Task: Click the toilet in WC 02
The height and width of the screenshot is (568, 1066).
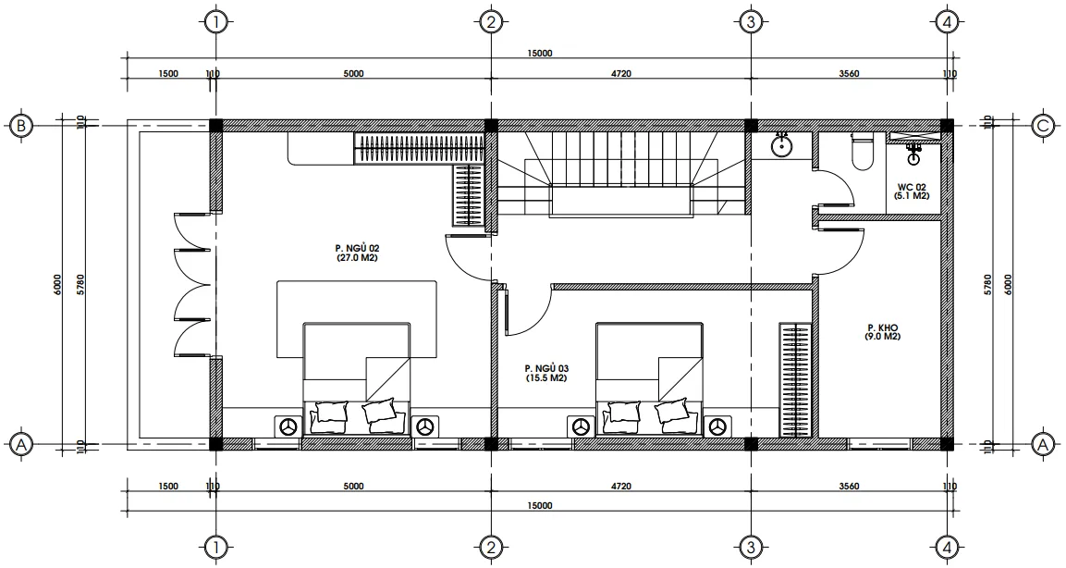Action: [861, 153]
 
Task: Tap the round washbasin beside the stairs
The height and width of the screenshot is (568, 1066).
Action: [782, 145]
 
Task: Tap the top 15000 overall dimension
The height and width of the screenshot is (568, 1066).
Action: [540, 54]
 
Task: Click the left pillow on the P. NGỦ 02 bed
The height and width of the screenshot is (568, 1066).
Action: [331, 414]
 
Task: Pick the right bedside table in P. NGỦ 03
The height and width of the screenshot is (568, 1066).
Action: [717, 426]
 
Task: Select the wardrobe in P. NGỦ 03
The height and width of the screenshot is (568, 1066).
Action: [794, 380]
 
